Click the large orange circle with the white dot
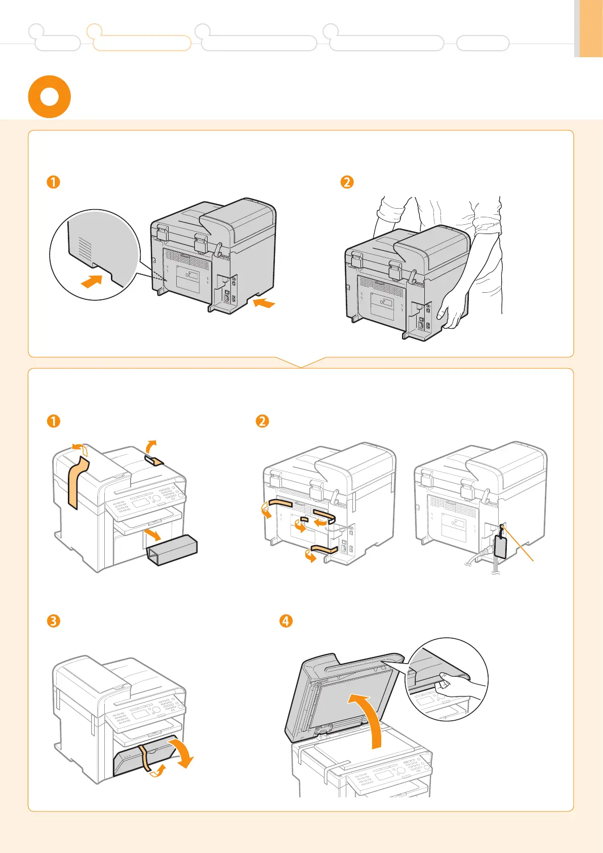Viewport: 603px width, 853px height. coord(49,97)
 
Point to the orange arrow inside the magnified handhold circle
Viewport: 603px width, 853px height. coord(92,281)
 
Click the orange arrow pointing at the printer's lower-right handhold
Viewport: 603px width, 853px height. coord(264,303)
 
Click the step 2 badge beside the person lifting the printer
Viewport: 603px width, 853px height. coord(347,182)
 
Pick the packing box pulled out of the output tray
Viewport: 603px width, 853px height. coord(172,550)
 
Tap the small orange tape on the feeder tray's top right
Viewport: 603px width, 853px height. coord(154,460)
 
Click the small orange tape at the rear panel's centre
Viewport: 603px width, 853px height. coord(304,519)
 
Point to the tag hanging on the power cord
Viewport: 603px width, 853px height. coord(500,546)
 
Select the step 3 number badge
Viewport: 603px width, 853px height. coord(53,621)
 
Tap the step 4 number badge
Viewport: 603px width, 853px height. coord(286,621)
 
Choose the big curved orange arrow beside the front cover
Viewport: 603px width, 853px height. coord(183,752)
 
